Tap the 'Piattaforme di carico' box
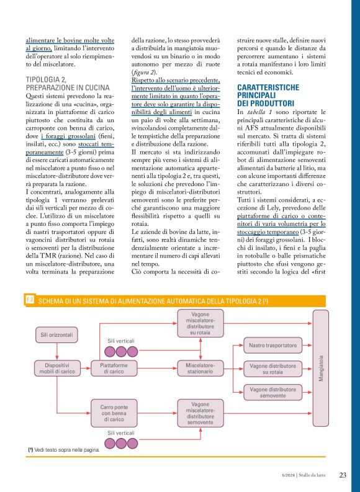click(x=114, y=368)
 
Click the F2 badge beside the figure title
click(x=30, y=300)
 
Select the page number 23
click(x=342, y=475)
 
